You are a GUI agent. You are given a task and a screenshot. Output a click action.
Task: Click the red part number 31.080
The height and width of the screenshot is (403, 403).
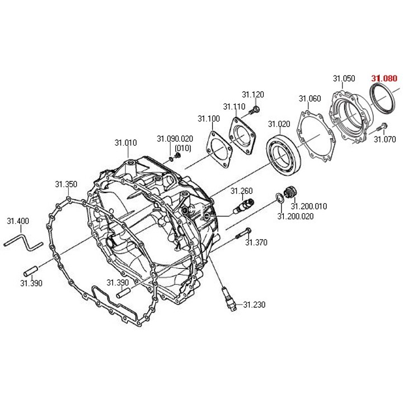pos(384,78)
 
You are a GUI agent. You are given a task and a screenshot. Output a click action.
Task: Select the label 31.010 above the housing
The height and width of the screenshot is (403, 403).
pos(126,142)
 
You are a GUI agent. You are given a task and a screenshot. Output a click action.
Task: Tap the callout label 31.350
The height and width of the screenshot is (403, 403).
pos(66,184)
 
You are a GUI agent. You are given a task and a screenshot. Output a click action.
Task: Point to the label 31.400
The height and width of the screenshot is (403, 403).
pos(18,221)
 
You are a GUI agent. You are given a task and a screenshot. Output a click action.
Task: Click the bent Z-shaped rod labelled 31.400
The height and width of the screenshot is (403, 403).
pos(23,242)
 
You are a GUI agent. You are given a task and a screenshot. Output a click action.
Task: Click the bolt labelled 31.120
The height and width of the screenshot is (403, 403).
pos(255,110)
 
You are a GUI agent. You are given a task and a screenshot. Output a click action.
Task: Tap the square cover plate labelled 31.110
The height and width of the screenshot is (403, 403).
pos(242,136)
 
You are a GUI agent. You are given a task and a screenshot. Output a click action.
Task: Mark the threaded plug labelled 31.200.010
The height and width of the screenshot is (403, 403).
pos(290,192)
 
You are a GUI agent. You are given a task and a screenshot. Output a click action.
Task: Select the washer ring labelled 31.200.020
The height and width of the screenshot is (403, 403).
pos(279,198)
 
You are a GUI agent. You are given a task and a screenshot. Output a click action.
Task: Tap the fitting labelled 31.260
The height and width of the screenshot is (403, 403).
pos(243,206)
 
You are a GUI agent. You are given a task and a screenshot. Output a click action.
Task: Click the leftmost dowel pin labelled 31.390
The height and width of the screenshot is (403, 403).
pos(31,271)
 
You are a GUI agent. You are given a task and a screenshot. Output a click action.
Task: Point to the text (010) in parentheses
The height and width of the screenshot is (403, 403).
pos(182,148)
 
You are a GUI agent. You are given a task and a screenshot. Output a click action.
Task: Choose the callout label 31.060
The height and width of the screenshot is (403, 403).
pos(310,99)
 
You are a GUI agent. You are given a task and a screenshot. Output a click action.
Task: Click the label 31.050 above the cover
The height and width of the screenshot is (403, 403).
pos(344,78)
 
